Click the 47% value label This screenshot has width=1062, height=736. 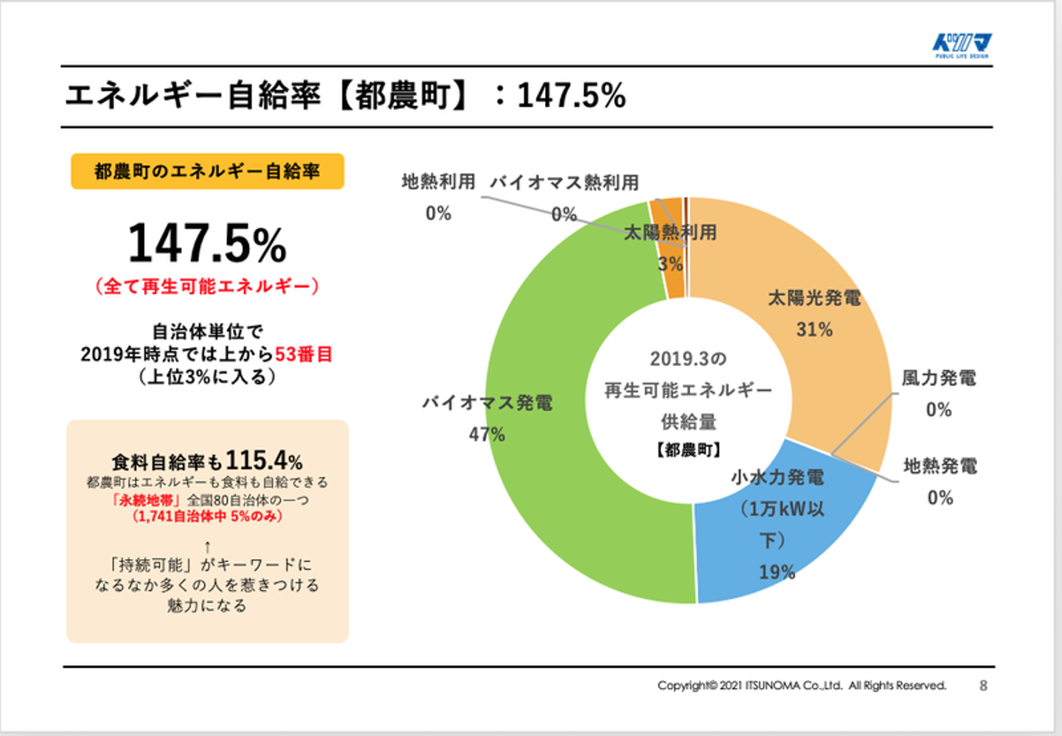[x=487, y=435]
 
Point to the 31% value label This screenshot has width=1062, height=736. [x=814, y=329]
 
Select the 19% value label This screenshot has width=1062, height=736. [x=777, y=572]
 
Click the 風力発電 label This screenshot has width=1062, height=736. [x=939, y=378]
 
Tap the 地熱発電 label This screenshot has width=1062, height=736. [x=940, y=466]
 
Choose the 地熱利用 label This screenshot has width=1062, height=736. [x=438, y=181]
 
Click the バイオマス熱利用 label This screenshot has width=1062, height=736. [x=564, y=182]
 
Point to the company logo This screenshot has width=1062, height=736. [x=962, y=45]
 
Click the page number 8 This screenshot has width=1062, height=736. [x=983, y=685]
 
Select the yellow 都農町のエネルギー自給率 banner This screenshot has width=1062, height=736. [x=207, y=172]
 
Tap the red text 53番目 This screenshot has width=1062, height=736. [x=303, y=354]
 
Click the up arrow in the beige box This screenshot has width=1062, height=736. [x=207, y=547]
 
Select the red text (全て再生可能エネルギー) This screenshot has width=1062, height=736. [x=207, y=286]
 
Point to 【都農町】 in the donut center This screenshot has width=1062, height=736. [x=688, y=449]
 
